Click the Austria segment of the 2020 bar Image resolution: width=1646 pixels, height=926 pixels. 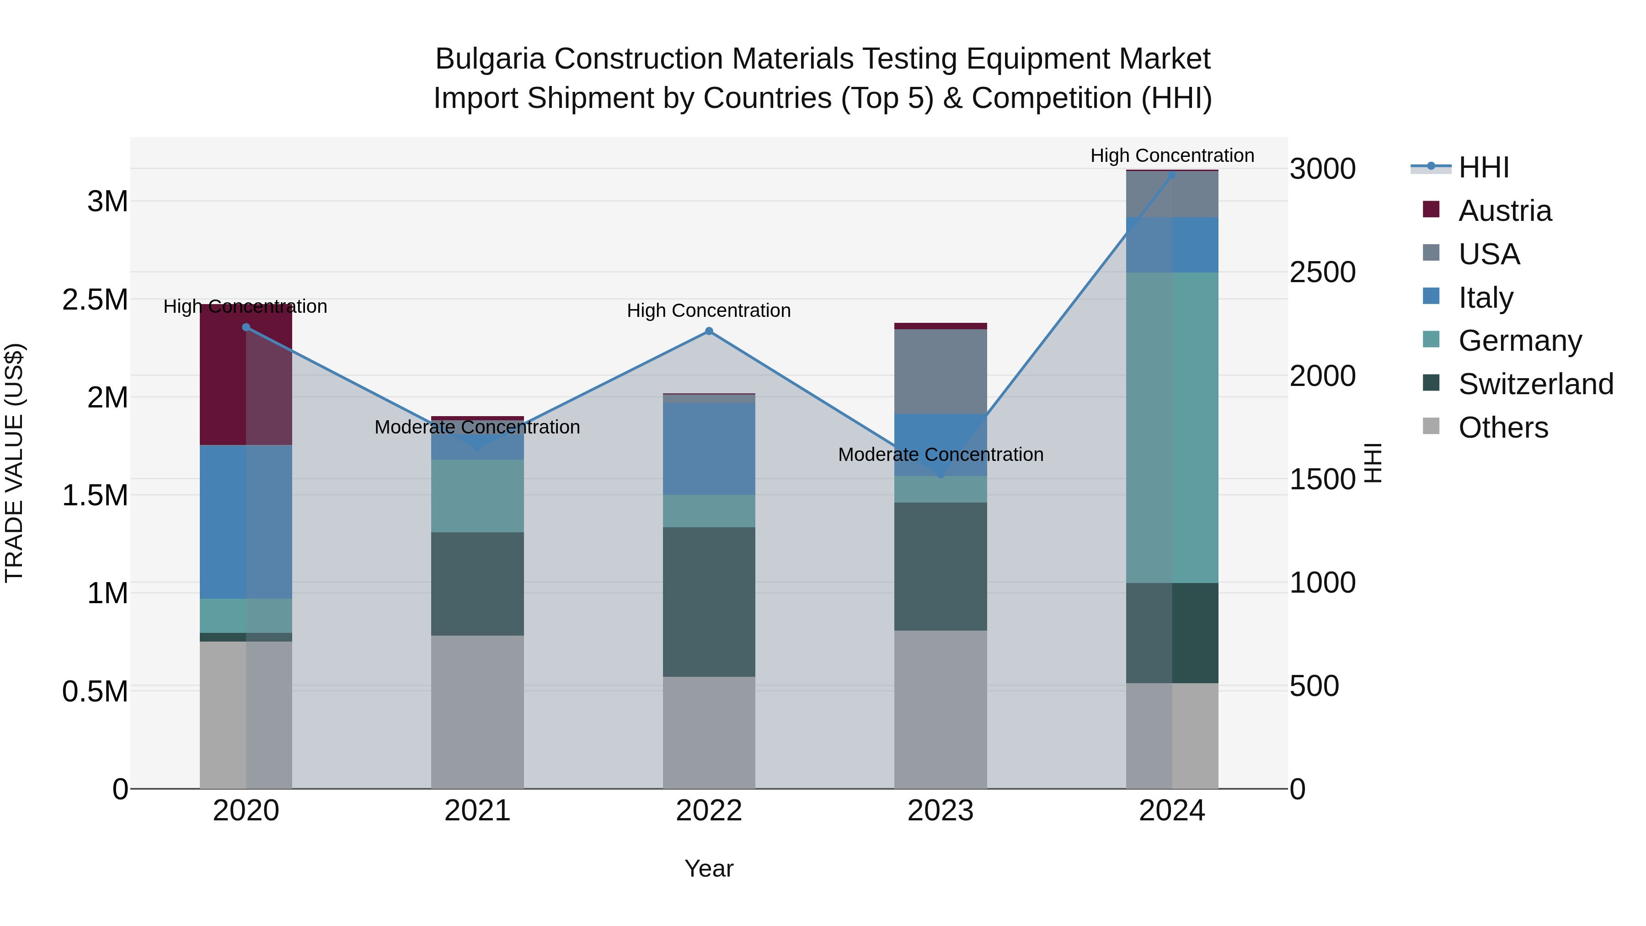tap(246, 377)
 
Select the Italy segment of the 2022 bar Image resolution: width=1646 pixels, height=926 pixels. tap(709, 447)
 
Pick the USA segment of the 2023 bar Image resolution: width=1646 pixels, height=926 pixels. tap(940, 371)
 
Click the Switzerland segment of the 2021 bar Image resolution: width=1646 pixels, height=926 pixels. tap(477, 583)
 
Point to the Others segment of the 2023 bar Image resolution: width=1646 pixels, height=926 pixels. tap(940, 709)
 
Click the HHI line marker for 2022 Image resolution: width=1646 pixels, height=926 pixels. tap(709, 331)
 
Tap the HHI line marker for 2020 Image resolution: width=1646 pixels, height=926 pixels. tap(246, 327)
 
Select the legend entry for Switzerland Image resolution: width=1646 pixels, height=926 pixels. tap(1535, 384)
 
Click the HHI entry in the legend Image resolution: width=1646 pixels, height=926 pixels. tap(1483, 167)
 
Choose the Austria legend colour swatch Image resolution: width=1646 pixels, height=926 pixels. tap(1431, 209)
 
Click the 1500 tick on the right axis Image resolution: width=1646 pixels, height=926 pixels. tap(1322, 479)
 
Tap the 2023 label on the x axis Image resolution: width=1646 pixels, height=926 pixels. tap(940, 811)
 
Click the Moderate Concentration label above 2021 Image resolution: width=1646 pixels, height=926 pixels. tap(477, 427)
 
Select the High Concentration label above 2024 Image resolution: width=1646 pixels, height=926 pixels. tap(1172, 155)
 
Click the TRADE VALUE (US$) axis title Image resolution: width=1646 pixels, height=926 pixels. tap(14, 463)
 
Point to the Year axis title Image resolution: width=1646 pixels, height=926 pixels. tap(709, 868)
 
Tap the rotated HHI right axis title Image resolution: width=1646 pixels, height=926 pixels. tap(1373, 463)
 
